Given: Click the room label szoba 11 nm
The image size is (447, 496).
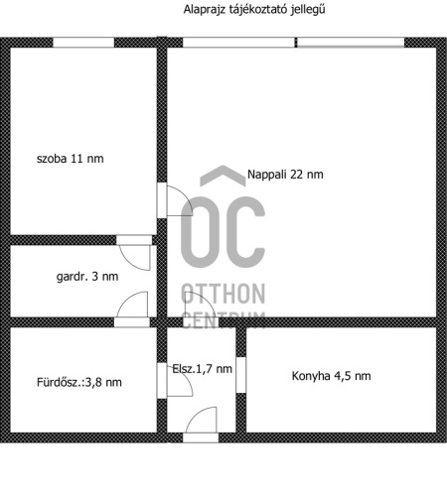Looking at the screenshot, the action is pyautogui.click(x=71, y=159).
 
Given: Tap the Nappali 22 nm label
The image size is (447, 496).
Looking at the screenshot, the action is pyautogui.click(x=285, y=175).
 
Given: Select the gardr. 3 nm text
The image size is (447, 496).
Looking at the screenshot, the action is pyautogui.click(x=87, y=277).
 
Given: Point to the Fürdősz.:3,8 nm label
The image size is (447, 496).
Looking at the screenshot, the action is pyautogui.click(x=79, y=382).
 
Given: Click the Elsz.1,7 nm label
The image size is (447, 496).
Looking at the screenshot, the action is pyautogui.click(x=202, y=369).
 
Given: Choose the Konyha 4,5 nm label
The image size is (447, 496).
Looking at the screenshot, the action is pyautogui.click(x=331, y=376).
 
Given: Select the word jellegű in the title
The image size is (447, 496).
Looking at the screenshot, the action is pyautogui.click(x=308, y=9).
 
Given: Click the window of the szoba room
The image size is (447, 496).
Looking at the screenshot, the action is pyautogui.click(x=83, y=43).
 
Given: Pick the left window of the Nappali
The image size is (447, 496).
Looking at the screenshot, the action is pyautogui.click(x=238, y=43).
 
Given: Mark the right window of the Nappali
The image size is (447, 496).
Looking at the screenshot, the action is pyautogui.click(x=351, y=43).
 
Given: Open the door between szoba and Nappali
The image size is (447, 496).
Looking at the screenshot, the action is pyautogui.click(x=175, y=200).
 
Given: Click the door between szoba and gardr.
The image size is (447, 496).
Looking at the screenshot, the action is pyautogui.click(x=134, y=252).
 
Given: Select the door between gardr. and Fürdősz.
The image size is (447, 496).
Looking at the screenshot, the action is pyautogui.click(x=132, y=310).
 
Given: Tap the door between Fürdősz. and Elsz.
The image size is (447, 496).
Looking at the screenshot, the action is pyautogui.click(x=175, y=381).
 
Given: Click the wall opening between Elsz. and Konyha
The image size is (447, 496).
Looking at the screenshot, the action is pyautogui.click(x=241, y=375).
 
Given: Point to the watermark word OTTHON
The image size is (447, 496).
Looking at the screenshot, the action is pyautogui.click(x=223, y=294).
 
